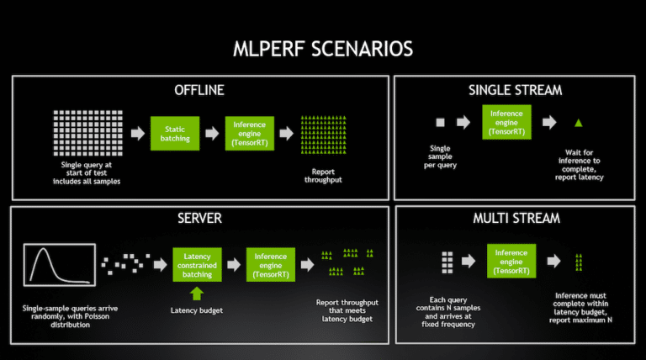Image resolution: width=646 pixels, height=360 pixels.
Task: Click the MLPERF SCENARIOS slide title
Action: (x=323, y=49)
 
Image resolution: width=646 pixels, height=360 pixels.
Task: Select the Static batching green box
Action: (x=175, y=134)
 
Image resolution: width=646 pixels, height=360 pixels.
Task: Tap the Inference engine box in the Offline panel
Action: (x=249, y=134)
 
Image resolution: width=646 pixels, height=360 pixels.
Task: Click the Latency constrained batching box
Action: (x=197, y=265)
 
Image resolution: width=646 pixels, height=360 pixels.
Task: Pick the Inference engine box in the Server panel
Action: (x=271, y=265)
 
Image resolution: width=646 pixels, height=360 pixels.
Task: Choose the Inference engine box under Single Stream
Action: (x=506, y=122)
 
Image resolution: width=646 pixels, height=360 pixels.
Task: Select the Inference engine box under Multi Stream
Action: (x=511, y=261)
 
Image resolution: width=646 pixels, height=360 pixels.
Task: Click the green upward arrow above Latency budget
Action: (x=197, y=294)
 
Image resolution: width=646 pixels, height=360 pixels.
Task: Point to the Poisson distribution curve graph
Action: (x=60, y=265)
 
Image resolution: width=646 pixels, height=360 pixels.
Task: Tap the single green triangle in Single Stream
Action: (x=579, y=122)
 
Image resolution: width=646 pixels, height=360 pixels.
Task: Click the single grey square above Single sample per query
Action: (x=441, y=122)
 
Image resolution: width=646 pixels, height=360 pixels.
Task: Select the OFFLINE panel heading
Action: (x=199, y=90)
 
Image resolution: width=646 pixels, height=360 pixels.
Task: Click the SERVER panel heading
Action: (x=200, y=218)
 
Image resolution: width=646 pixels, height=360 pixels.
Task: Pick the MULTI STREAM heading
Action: (x=516, y=218)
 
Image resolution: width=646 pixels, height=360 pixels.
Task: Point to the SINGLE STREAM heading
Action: (x=515, y=90)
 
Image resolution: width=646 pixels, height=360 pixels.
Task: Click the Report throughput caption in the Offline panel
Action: (x=323, y=176)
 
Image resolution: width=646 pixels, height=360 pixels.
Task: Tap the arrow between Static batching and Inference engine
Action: (x=212, y=134)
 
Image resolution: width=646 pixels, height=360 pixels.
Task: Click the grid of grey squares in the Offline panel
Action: (x=87, y=133)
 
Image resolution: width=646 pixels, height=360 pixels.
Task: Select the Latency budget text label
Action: (x=197, y=310)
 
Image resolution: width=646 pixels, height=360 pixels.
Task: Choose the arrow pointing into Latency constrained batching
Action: (x=161, y=264)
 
